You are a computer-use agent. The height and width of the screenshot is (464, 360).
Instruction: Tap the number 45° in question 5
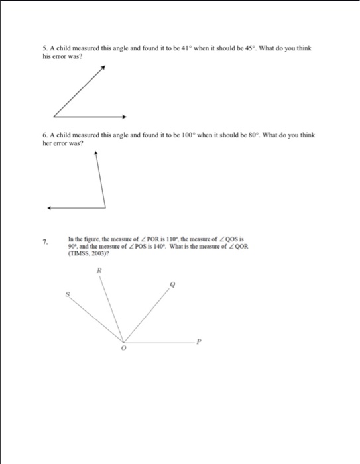point(249,48)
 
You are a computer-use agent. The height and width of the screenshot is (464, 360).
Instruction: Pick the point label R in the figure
point(99,271)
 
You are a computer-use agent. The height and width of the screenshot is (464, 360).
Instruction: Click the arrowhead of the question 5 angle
point(103,67)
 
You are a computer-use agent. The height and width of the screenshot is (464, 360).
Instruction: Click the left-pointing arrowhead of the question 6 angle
point(48,207)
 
